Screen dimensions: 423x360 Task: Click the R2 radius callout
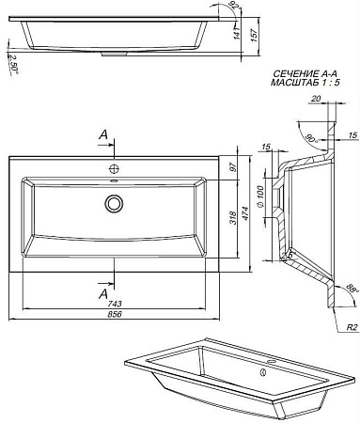[x=347, y=329]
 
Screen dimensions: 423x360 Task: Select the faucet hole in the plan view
[x=115, y=168]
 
